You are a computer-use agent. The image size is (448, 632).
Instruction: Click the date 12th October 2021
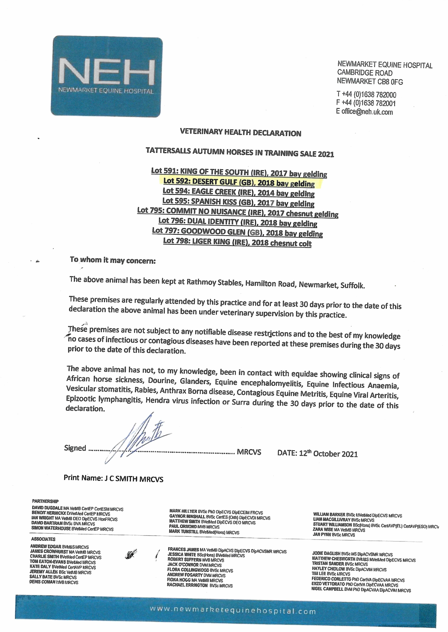(328, 454)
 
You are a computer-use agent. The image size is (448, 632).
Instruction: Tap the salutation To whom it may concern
(113, 260)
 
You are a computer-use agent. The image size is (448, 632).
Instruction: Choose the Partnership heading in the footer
(45, 501)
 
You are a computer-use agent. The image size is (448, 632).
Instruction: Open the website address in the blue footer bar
(233, 611)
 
